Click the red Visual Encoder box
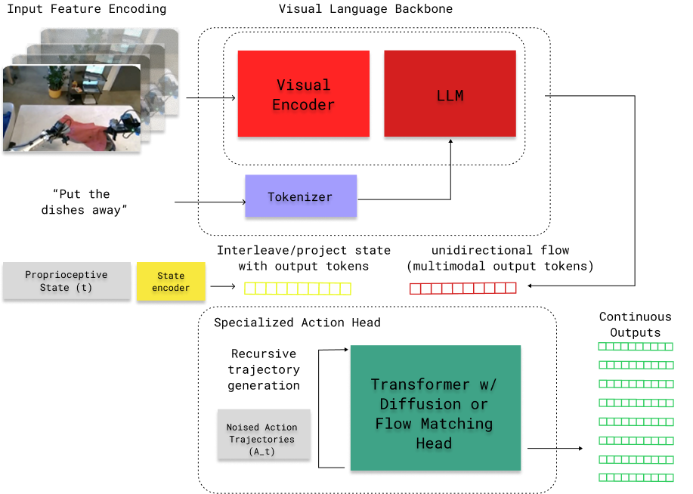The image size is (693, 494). tap(303, 94)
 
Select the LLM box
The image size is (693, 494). tap(450, 94)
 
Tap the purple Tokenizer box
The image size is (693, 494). tap(300, 196)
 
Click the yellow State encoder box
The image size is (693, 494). tap(171, 282)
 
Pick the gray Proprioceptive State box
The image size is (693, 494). tap(67, 281)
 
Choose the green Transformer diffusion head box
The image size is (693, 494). tap(435, 409)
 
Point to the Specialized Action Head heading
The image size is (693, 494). tap(297, 323)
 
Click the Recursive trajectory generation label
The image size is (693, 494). tap(265, 369)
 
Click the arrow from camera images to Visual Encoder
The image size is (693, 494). tap(219, 97)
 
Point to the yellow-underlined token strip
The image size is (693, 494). tap(298, 289)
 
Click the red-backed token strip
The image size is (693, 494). tap(463, 289)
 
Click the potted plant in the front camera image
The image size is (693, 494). tap(54, 81)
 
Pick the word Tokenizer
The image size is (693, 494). tap(300, 196)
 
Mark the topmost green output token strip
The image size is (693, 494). tap(635, 347)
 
